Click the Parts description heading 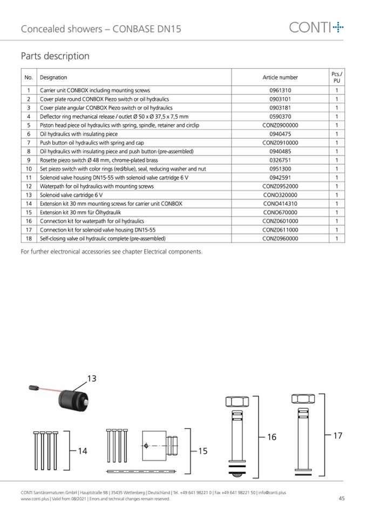point(55,56)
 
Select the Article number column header point(280,77)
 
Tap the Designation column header point(53,77)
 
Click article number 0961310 point(280,91)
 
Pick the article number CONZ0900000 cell point(280,125)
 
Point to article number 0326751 point(280,160)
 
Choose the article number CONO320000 point(280,195)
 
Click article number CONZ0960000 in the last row point(280,238)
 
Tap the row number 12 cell point(29,186)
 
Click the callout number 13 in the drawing point(91,379)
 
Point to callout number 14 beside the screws point(82,450)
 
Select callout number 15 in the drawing point(202,450)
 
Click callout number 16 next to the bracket point(272,437)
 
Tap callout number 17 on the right point(337,435)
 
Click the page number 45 point(341,499)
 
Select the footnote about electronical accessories point(111,252)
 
